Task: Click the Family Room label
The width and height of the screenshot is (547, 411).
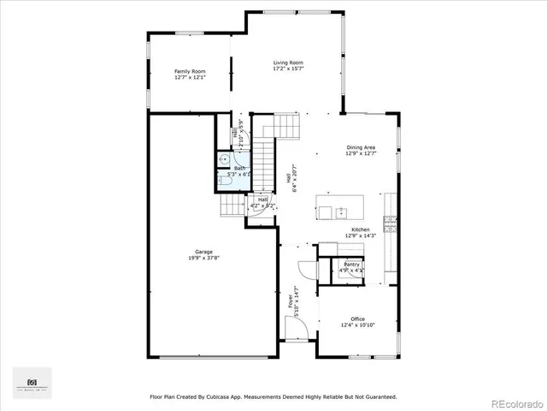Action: pyautogui.click(x=190, y=71)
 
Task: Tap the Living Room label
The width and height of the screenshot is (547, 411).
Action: pyautogui.click(x=288, y=63)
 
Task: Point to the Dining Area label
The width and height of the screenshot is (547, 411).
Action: pyautogui.click(x=360, y=147)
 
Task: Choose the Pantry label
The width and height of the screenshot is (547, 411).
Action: pyautogui.click(x=351, y=265)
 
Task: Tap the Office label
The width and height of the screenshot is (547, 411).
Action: pyautogui.click(x=357, y=319)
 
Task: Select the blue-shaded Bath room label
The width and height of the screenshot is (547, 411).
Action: pyautogui.click(x=239, y=168)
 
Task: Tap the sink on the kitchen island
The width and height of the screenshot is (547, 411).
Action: pyautogui.click(x=340, y=211)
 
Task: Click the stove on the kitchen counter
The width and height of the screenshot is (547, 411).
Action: pyautogui.click(x=392, y=223)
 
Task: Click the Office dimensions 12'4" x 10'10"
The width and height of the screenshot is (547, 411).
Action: pyautogui.click(x=357, y=325)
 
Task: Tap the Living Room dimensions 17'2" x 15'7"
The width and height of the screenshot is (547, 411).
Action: pyautogui.click(x=288, y=69)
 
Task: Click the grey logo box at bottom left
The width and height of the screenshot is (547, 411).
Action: pyautogui.click(x=32, y=383)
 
